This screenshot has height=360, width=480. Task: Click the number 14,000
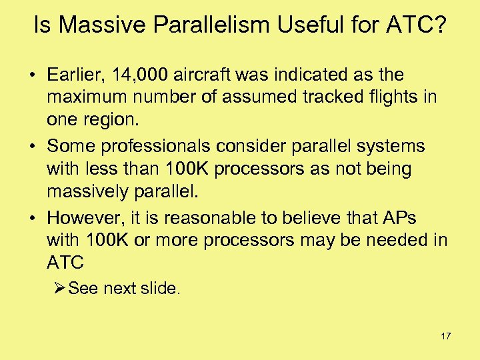click(x=142, y=75)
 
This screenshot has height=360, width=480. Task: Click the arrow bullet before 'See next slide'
click(x=59, y=288)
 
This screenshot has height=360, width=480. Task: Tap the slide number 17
click(x=445, y=336)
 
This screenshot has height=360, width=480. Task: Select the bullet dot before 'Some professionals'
click(x=33, y=145)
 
